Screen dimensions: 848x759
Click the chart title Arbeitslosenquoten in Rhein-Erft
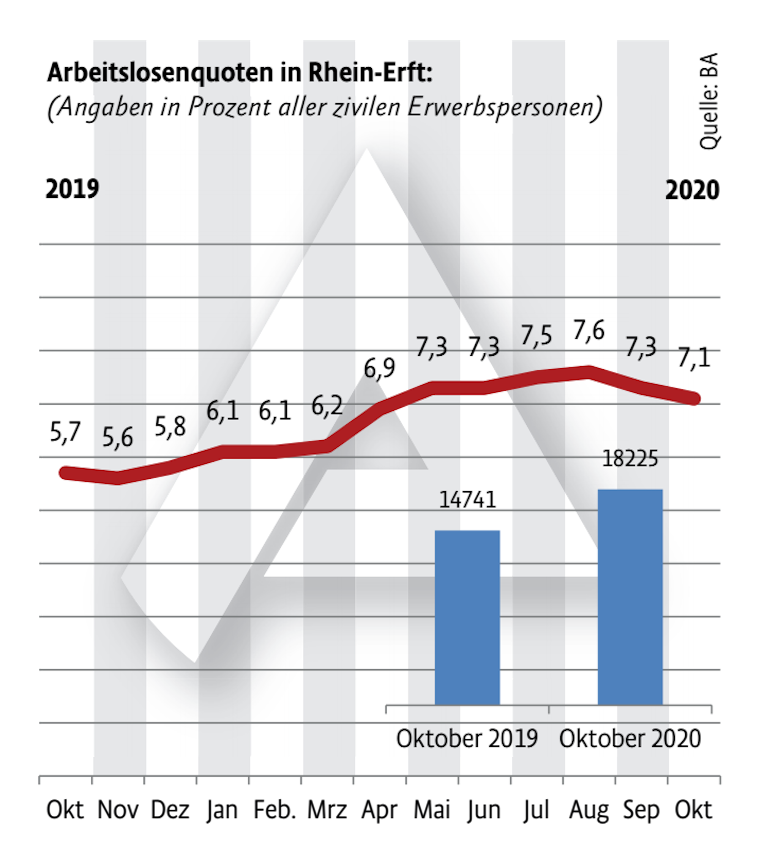coord(240,73)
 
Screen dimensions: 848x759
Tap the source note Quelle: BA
coord(709,101)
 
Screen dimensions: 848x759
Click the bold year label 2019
coord(72,189)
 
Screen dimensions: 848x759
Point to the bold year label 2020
coord(692,191)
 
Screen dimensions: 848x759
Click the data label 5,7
coord(65,432)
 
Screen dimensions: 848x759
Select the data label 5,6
coord(117,438)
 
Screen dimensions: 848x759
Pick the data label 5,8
coord(170,427)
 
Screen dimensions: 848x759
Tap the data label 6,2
coord(327,406)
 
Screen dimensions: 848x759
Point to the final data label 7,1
coord(694,358)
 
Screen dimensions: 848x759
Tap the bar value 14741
coord(467,500)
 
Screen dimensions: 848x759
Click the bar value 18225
coord(630,459)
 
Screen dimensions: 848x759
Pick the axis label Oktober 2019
coord(467,739)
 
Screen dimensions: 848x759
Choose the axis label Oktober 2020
coord(630,739)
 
